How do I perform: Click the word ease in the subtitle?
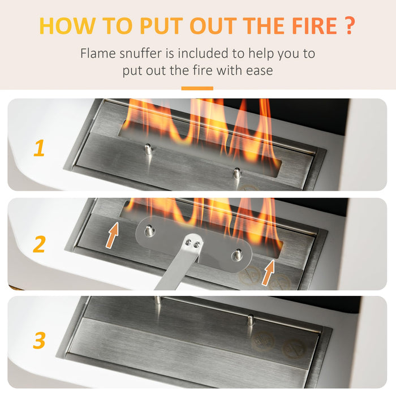pos(258,71)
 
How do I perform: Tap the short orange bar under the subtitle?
pos(197,88)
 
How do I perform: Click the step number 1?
pos(38,149)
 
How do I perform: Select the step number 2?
pos(38,244)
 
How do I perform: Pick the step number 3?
pos(38,341)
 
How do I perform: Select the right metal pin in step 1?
pos(237,173)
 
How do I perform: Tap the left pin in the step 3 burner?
pos(158,299)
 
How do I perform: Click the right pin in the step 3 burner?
pos(250,320)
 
